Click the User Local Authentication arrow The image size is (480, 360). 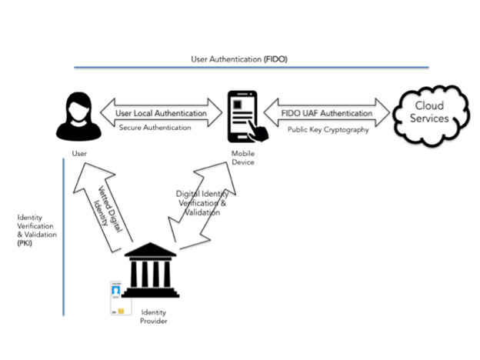pos(161,112)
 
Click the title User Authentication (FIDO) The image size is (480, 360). pos(240,58)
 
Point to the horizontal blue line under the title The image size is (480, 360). pos(254,68)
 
